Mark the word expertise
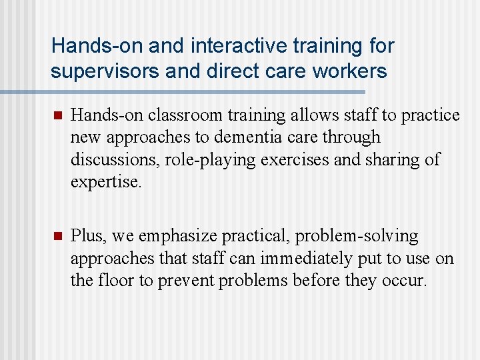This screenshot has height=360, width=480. point(106,181)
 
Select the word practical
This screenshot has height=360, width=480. point(257,236)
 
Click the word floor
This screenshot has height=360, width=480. point(116,280)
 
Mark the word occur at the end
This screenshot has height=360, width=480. point(402,280)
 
